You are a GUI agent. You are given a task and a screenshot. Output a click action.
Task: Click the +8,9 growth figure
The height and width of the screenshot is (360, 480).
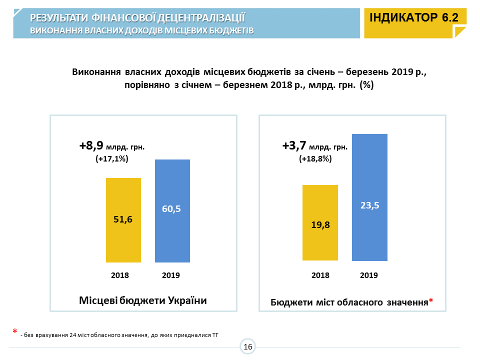click(91, 146)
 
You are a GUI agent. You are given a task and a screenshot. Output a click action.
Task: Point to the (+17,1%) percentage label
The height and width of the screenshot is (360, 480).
click(112, 158)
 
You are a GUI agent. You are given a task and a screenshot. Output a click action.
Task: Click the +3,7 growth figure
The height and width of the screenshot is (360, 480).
click(294, 146)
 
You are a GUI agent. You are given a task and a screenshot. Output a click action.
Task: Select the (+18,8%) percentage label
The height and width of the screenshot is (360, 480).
click(315, 159)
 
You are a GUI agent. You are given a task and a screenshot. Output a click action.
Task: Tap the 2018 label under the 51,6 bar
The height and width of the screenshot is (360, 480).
click(120, 275)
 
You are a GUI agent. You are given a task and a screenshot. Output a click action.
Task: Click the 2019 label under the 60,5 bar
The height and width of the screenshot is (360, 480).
click(171, 275)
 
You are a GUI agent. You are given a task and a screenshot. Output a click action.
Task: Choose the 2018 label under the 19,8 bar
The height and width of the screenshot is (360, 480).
click(320, 275)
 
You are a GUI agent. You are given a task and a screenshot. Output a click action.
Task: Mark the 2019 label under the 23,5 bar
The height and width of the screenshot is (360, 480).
click(369, 275)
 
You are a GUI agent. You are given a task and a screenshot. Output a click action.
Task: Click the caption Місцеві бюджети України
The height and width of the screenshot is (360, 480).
click(143, 300)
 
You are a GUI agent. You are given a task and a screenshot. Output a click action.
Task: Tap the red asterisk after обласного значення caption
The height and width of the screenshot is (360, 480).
click(430, 301)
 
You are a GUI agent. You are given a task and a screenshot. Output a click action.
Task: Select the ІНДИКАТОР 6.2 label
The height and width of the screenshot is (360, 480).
click(414, 17)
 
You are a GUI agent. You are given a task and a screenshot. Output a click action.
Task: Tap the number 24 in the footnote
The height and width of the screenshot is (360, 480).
click(74, 334)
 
